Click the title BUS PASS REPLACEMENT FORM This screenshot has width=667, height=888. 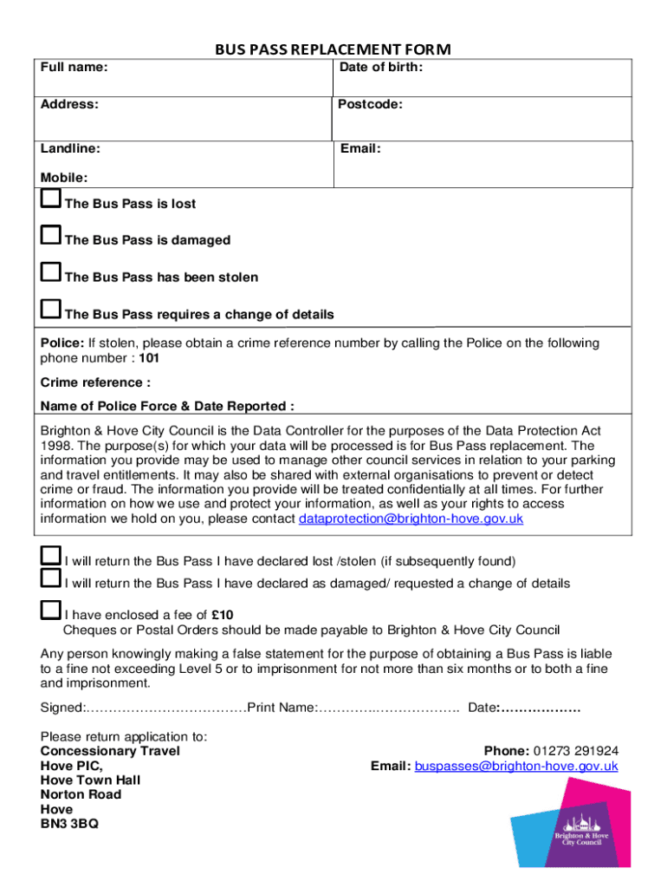333,50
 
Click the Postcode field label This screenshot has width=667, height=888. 370,105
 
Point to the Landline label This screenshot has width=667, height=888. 70,149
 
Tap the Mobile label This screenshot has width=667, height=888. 64,178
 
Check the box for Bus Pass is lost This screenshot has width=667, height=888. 51,199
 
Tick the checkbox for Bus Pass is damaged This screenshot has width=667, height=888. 51,236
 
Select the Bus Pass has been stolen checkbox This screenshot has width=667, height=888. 51,273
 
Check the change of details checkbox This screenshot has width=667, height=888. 51,310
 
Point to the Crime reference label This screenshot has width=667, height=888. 95,382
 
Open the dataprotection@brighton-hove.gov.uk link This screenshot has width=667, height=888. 411,519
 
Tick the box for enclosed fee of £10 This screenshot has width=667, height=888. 51,611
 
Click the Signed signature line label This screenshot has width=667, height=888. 62,708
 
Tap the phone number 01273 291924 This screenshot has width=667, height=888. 575,751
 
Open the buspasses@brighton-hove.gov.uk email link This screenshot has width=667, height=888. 516,766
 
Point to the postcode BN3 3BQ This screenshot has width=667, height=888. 69,824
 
